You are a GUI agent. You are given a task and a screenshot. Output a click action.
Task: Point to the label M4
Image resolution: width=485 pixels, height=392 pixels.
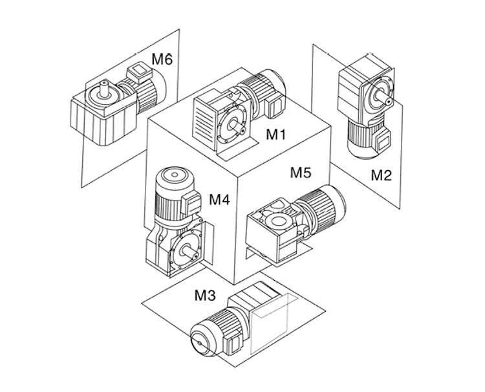point(219,200)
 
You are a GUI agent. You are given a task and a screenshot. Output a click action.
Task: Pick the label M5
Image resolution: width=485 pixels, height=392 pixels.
point(301,173)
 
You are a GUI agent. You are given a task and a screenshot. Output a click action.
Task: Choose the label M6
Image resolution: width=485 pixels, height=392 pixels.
point(162,60)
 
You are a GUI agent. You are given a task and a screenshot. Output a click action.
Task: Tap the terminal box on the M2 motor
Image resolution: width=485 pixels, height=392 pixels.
point(382,140)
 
